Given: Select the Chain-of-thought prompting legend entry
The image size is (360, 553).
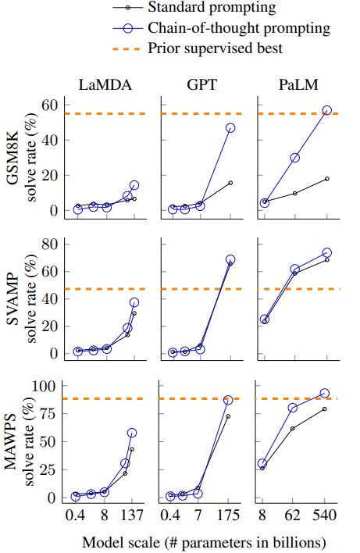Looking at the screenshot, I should click(x=239, y=28).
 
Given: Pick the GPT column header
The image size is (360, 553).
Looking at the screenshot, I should click(x=203, y=86).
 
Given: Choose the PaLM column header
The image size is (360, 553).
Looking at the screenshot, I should click(x=297, y=86).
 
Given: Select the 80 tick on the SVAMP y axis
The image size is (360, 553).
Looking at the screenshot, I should click(x=51, y=244).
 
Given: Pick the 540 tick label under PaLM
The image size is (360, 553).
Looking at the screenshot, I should click(x=326, y=516).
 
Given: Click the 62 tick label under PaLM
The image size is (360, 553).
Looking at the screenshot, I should click(x=294, y=516).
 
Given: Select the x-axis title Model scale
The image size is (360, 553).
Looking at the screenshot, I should click(x=203, y=541).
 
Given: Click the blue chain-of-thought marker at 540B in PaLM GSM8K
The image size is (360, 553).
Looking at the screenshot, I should click(x=326, y=111).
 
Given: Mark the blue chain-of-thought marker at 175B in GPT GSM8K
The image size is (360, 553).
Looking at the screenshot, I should click(x=230, y=127).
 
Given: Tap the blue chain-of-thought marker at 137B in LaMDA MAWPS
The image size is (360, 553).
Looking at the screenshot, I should click(x=132, y=433).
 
